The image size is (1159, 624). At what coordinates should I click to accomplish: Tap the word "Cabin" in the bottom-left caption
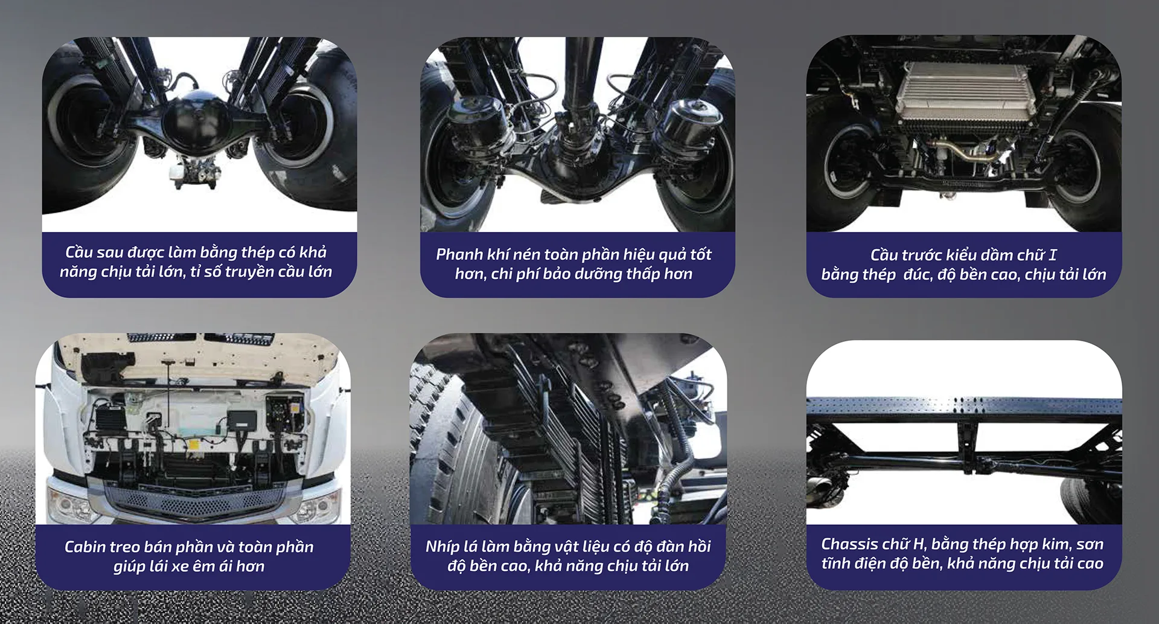[x=85, y=547]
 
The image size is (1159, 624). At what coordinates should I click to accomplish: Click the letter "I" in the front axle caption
[x=1053, y=255]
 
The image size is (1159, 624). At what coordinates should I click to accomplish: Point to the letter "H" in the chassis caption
[x=919, y=544]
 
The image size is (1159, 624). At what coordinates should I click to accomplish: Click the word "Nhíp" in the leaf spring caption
[x=442, y=547]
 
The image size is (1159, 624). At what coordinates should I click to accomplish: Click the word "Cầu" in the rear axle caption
[x=78, y=251]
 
